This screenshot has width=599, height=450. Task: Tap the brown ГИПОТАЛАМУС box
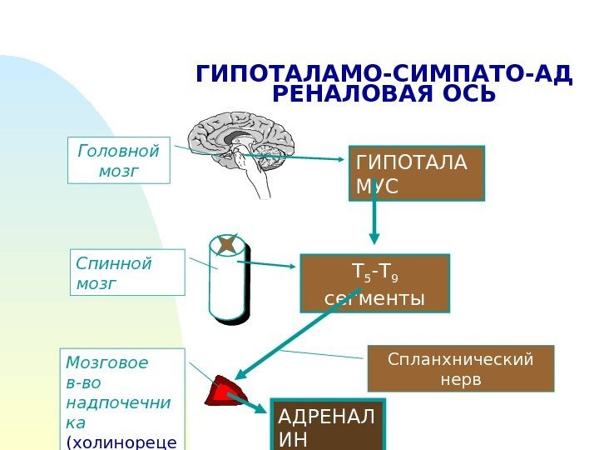point(416,173)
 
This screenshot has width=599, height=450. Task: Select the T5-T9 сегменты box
point(374,283)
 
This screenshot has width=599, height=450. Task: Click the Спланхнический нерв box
point(460,368)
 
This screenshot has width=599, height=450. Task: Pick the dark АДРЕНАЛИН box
point(328,427)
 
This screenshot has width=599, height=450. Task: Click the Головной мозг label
point(118,161)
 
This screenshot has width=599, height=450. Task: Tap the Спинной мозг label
point(128,272)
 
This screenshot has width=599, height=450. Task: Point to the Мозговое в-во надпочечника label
point(121,398)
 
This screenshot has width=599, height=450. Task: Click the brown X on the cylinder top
point(227,245)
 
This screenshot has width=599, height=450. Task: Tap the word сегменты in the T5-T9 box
point(374,297)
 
